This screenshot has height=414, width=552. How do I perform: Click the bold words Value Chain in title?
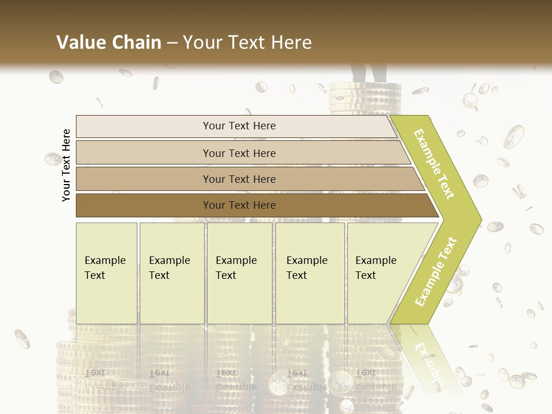(109, 43)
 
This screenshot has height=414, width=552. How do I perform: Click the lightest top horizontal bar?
(144, 126)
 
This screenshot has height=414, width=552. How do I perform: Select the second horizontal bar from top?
(144, 153)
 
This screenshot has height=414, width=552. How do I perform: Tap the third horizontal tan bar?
(144, 179)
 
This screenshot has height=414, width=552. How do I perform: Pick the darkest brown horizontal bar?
(144, 205)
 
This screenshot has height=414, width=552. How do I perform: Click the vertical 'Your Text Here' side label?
(66, 165)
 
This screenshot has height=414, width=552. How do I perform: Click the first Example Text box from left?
(106, 273)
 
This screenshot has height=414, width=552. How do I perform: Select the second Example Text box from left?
(172, 273)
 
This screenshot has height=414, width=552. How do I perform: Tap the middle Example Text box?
(239, 273)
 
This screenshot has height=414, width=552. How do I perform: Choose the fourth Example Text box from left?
(310, 273)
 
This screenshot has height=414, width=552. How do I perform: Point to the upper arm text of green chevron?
(434, 164)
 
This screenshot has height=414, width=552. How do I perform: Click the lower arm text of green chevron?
(436, 271)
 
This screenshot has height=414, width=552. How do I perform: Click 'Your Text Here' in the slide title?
(247, 43)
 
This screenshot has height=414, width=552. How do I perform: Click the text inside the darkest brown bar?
(239, 205)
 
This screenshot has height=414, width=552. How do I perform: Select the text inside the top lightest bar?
(239, 126)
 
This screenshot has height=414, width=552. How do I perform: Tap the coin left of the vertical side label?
(53, 159)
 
